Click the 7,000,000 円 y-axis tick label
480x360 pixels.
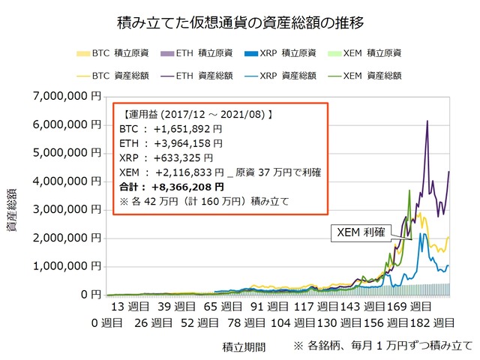point(65,96)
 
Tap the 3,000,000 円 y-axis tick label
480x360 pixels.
point(65,209)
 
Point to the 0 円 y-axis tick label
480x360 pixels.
point(89,295)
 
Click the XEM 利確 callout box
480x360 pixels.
point(361,233)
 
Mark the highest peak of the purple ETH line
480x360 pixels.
point(427,121)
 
